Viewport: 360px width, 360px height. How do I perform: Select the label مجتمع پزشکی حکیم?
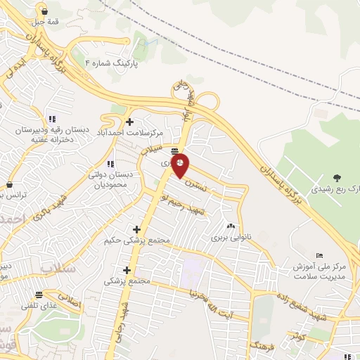click(137, 240)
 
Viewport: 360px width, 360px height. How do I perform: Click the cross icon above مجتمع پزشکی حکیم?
click(136, 229)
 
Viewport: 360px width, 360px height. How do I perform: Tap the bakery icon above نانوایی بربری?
click(231, 226)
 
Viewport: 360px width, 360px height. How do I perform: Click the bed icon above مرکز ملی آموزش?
click(320, 255)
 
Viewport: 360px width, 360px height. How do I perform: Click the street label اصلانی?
click(70, 304)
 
